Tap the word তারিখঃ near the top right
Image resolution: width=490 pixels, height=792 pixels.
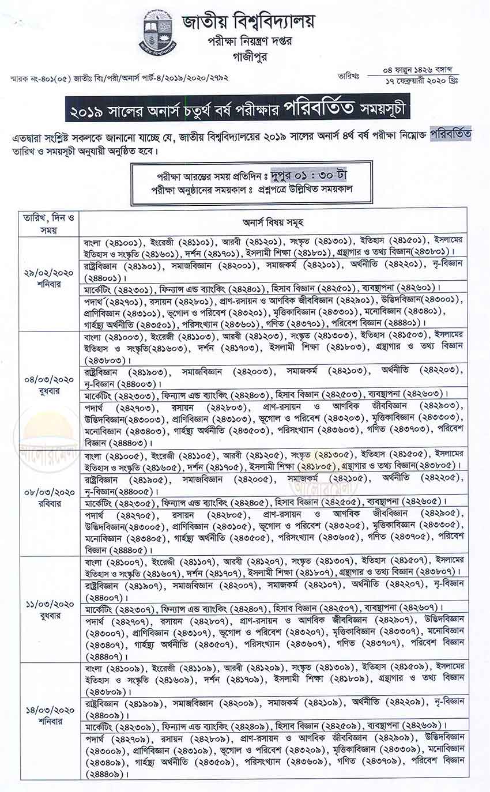point(348,76)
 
